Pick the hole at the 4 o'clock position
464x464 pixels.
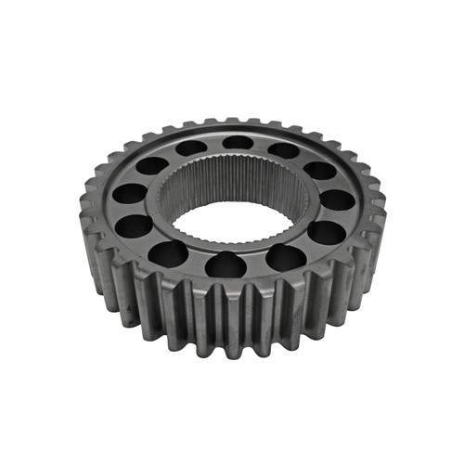[x=326, y=232]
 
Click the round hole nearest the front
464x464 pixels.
[x=226, y=266]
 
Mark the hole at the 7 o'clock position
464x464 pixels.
[x=168, y=253]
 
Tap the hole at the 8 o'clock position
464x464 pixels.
[x=134, y=225]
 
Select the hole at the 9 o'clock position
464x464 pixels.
[x=129, y=193]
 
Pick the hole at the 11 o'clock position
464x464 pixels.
[x=191, y=148]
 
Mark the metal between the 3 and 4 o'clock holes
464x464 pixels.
[x=334, y=216]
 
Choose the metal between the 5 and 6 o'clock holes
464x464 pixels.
[x=257, y=264]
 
